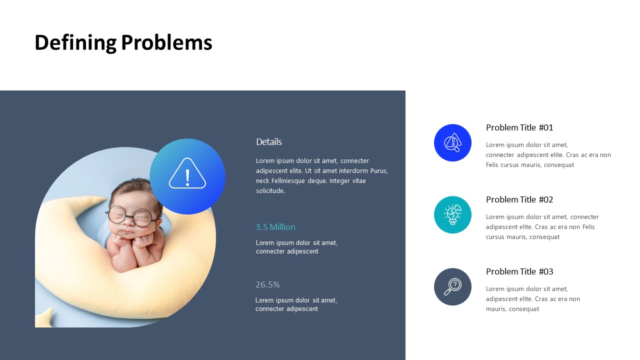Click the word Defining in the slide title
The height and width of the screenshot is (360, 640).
(75, 43)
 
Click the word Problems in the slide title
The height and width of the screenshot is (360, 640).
(166, 42)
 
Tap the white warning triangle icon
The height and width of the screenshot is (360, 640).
(187, 173)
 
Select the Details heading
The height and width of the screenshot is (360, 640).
(269, 141)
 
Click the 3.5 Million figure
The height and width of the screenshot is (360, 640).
(275, 227)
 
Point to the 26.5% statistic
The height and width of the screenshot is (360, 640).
(267, 284)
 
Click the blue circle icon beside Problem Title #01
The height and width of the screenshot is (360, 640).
(452, 142)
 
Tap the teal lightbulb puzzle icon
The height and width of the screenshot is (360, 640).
(452, 214)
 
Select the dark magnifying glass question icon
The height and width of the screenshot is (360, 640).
(452, 286)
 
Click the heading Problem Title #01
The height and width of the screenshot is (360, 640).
(519, 127)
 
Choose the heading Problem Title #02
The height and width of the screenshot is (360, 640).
(519, 199)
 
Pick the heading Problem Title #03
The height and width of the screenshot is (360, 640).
(519, 271)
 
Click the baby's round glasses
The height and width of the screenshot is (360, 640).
(131, 215)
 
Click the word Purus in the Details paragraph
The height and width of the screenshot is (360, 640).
(379, 171)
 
